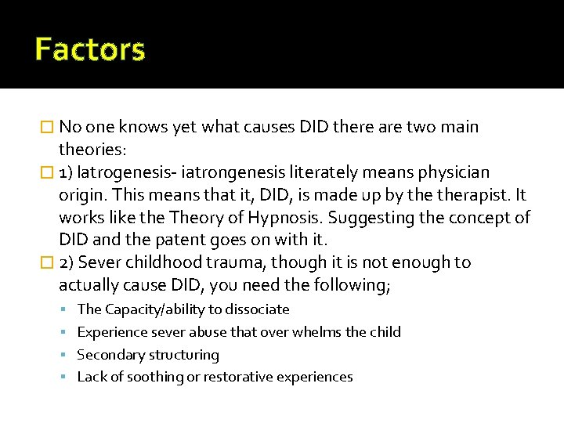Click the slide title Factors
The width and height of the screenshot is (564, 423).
pos(90,50)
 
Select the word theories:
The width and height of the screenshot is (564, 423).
pos(91,149)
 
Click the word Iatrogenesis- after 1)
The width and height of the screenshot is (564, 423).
pos(122,172)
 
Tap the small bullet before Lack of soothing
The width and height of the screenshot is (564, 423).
pos(68,378)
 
